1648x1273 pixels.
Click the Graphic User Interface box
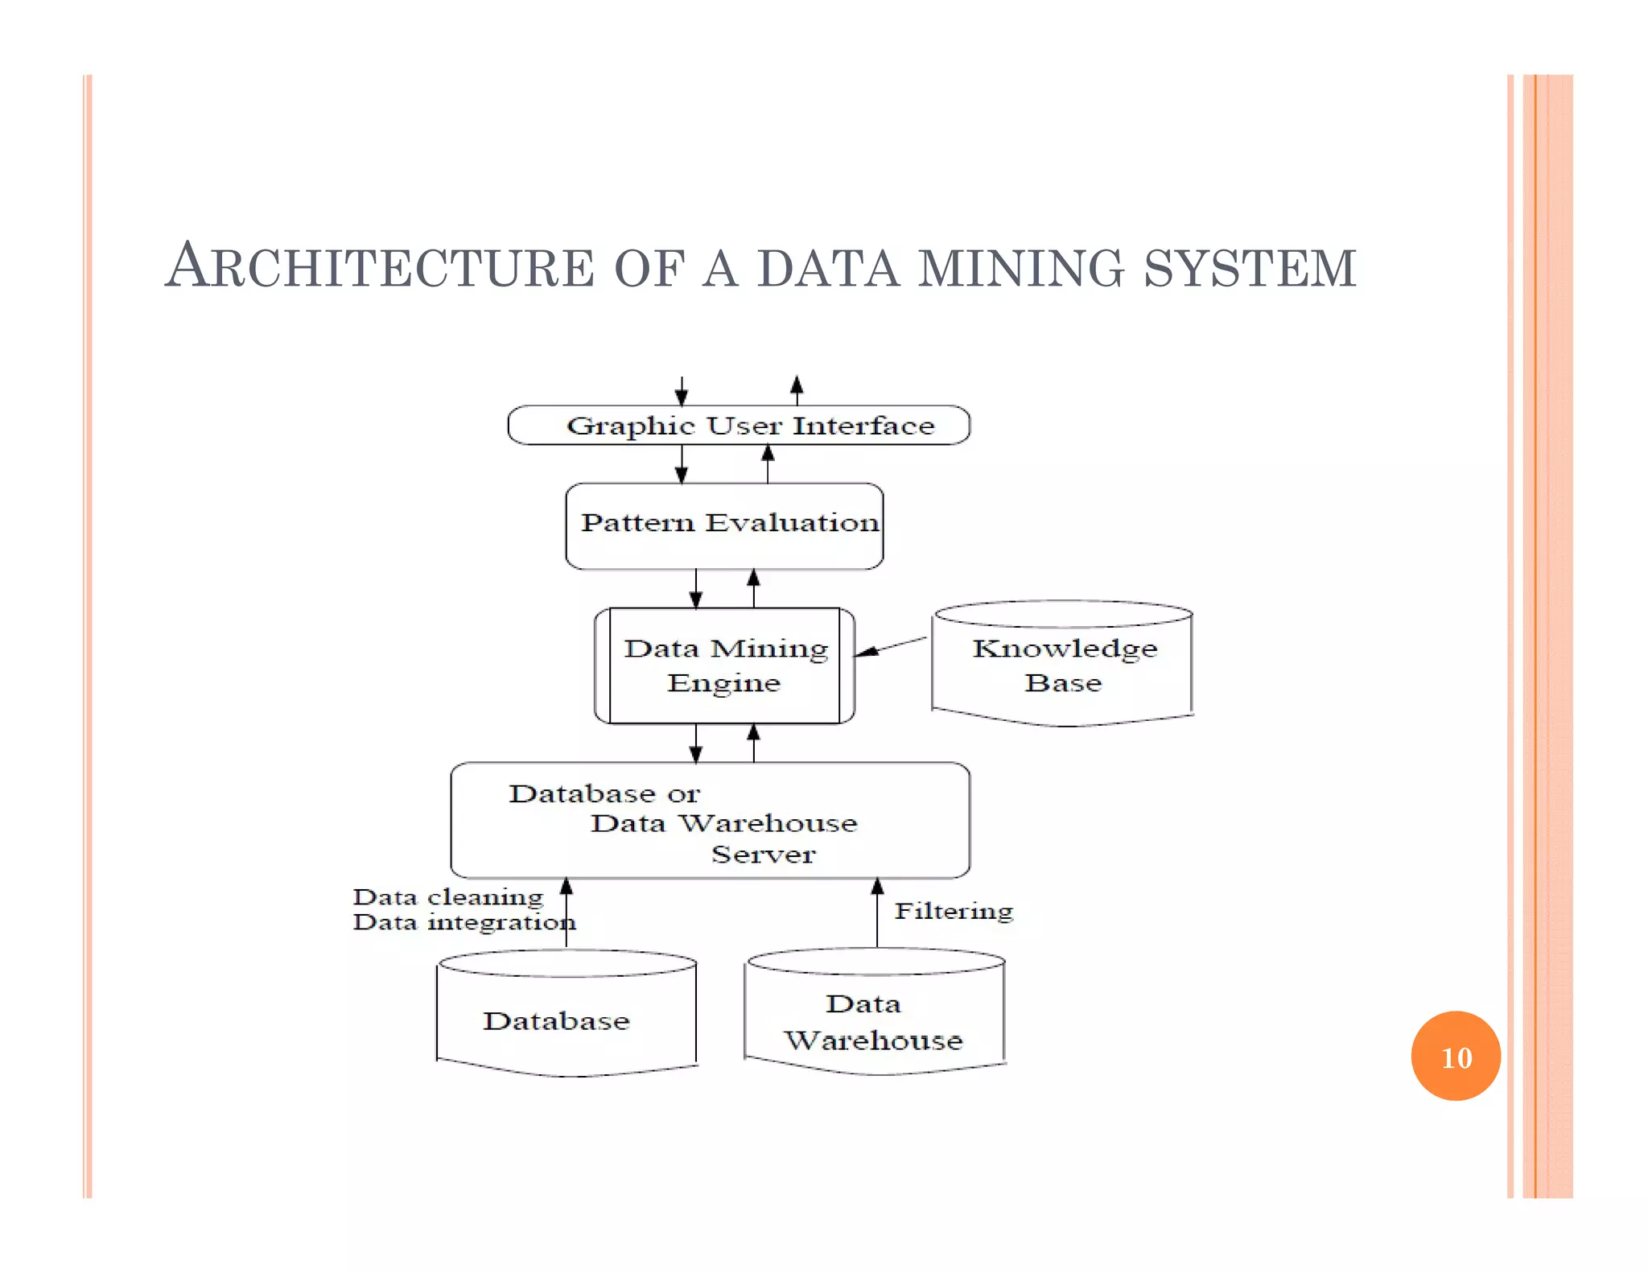tap(739, 425)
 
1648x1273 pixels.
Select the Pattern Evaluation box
tap(724, 525)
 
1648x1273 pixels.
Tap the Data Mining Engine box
tap(724, 665)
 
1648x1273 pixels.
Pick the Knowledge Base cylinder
tap(1062, 664)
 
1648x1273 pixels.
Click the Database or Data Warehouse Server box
tap(710, 821)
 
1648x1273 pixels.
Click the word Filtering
tap(954, 911)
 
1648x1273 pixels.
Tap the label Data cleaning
tap(448, 896)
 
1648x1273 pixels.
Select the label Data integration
tap(463, 922)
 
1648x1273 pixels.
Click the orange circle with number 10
tap(1456, 1056)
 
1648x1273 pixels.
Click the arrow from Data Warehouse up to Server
tap(877, 914)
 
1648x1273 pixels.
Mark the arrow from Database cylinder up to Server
tap(566, 914)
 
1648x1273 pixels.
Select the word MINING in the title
tap(1021, 268)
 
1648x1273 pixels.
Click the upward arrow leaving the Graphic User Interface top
tap(797, 390)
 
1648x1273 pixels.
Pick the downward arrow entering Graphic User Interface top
tap(682, 392)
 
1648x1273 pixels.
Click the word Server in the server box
tap(763, 854)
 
